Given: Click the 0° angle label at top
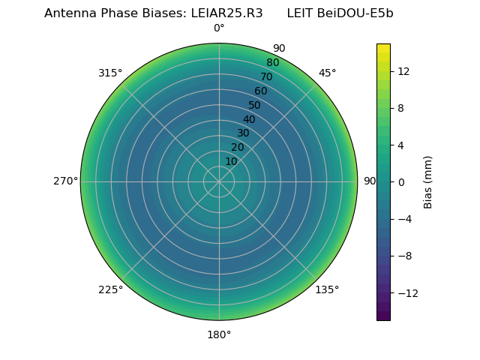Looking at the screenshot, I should [x=219, y=28].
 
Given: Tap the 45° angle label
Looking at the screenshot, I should [x=327, y=73].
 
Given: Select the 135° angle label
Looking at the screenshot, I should [x=327, y=289].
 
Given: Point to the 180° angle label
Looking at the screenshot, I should [x=219, y=334].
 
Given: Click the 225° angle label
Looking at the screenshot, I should [x=110, y=289].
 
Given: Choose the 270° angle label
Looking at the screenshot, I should [x=66, y=181].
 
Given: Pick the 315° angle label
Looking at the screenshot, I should [x=110, y=73].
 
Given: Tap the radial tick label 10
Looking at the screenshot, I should [x=231, y=161].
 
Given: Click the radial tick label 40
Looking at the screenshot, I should [x=249, y=119].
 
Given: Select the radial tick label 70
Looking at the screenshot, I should [x=266, y=76].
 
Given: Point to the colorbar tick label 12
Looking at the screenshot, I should [x=403, y=71].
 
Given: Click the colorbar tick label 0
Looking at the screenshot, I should [x=400, y=181].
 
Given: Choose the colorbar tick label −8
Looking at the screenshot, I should [x=403, y=255].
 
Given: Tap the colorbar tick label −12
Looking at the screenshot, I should [x=406, y=292].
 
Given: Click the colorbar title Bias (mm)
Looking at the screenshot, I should [x=428, y=181].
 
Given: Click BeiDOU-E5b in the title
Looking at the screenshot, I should [x=355, y=13].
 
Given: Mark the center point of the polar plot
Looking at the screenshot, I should [x=219, y=181].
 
